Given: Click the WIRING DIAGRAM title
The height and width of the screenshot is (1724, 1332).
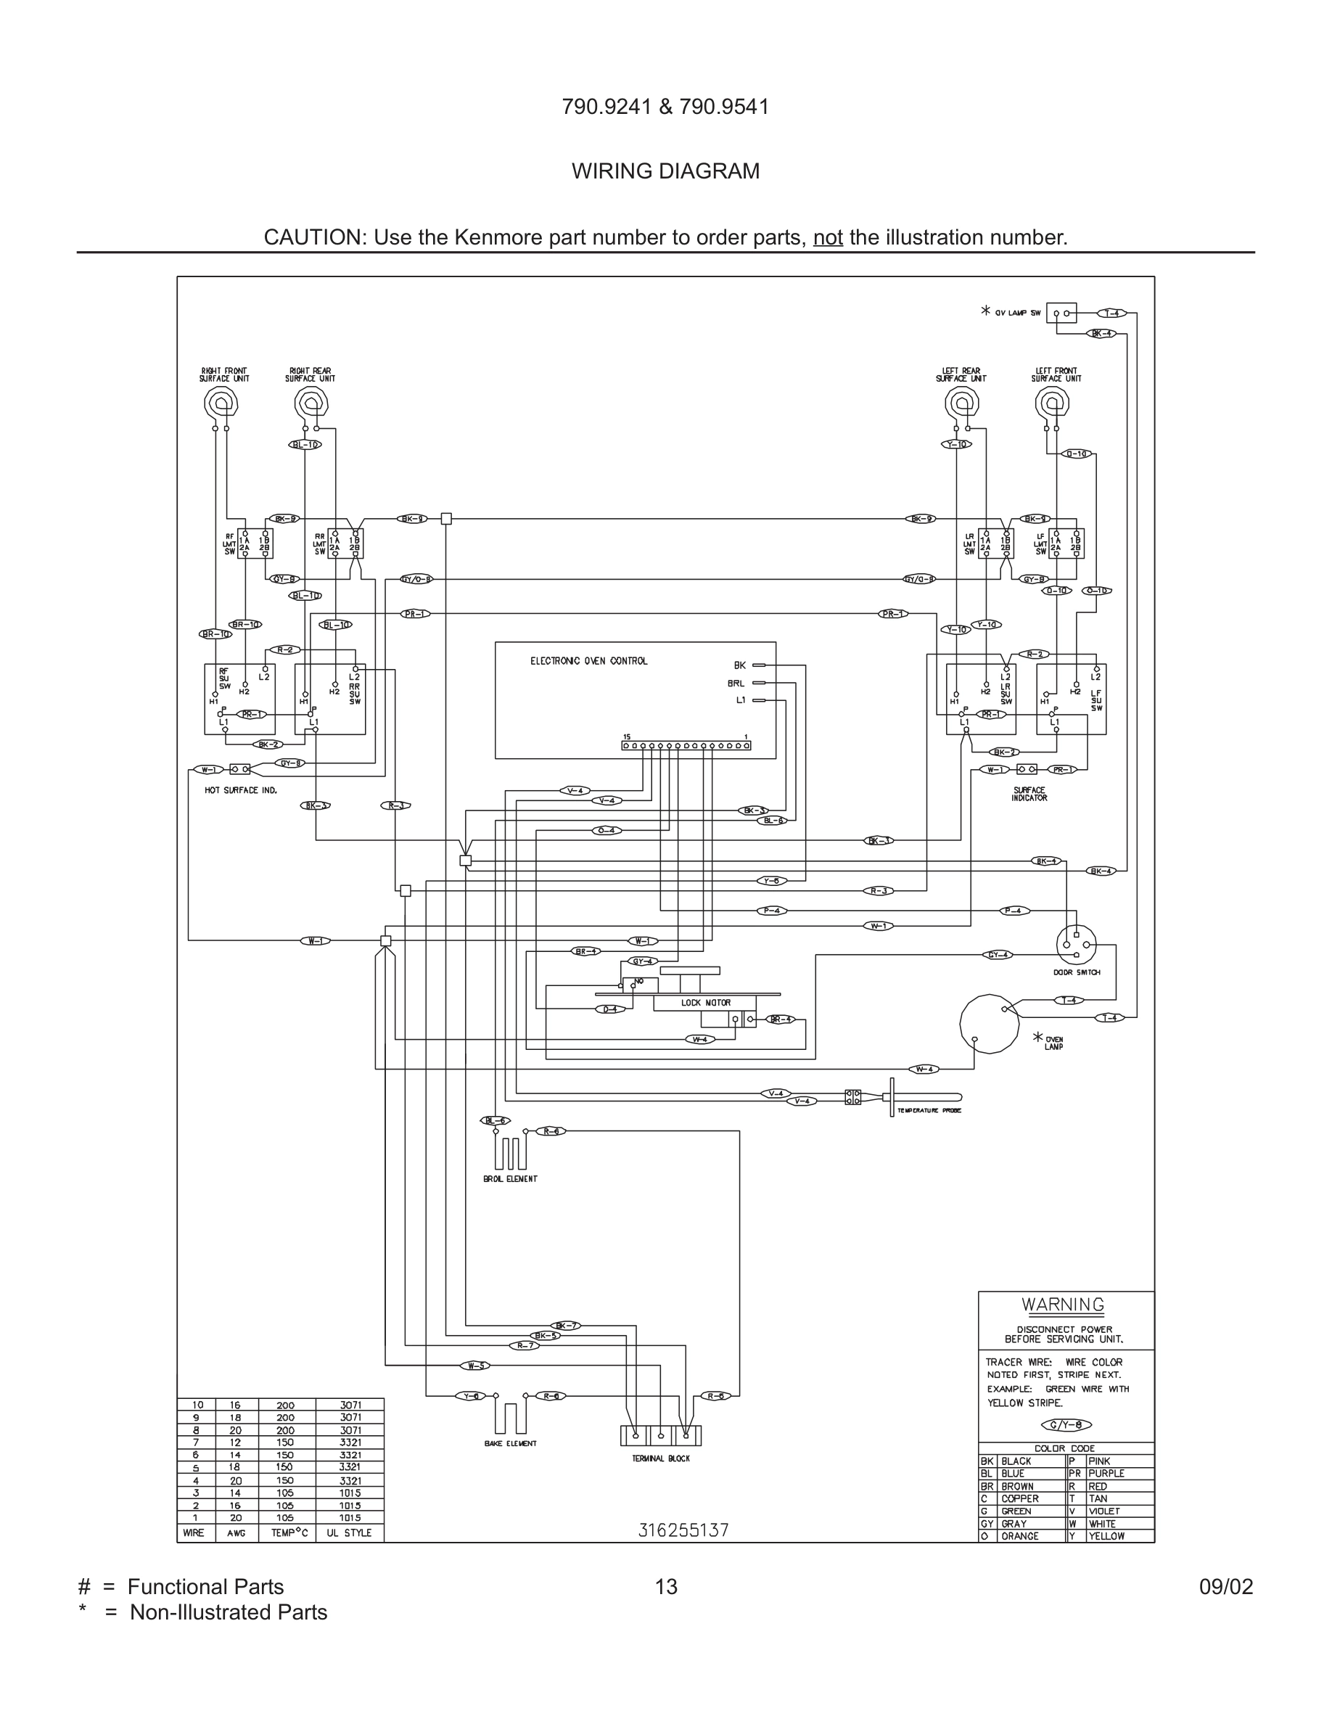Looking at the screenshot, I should tap(665, 171).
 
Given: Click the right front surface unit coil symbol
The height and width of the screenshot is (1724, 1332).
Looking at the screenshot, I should tap(221, 405).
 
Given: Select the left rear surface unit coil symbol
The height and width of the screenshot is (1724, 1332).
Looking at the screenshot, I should tap(962, 405).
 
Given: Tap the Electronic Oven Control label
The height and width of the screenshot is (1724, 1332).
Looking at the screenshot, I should tap(588, 661).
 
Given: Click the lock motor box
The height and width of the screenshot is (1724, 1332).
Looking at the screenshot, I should tap(705, 1003).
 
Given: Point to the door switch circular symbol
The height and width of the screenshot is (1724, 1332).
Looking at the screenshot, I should tap(1077, 944).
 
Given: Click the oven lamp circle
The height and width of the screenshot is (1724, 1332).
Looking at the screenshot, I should tap(990, 1023).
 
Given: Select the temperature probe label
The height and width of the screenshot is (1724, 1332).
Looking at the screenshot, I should tap(929, 1111).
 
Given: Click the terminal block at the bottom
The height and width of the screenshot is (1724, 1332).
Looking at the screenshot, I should tap(660, 1435).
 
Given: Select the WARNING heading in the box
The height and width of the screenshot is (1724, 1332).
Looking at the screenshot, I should tap(1063, 1305).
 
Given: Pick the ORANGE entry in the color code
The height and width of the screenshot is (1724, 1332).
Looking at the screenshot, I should tap(1019, 1536).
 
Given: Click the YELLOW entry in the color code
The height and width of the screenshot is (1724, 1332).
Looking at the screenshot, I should tap(1106, 1536).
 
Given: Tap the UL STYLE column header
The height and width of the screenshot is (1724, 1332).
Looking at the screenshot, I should tap(349, 1532).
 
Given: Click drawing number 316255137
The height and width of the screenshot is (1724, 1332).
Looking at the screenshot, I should tap(683, 1530).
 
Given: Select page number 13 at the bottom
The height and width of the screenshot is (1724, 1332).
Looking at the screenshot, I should tap(666, 1587).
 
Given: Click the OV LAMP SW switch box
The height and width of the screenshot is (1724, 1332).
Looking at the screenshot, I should tap(1061, 313).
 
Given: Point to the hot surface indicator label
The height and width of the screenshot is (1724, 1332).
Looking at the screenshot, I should tap(241, 790).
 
